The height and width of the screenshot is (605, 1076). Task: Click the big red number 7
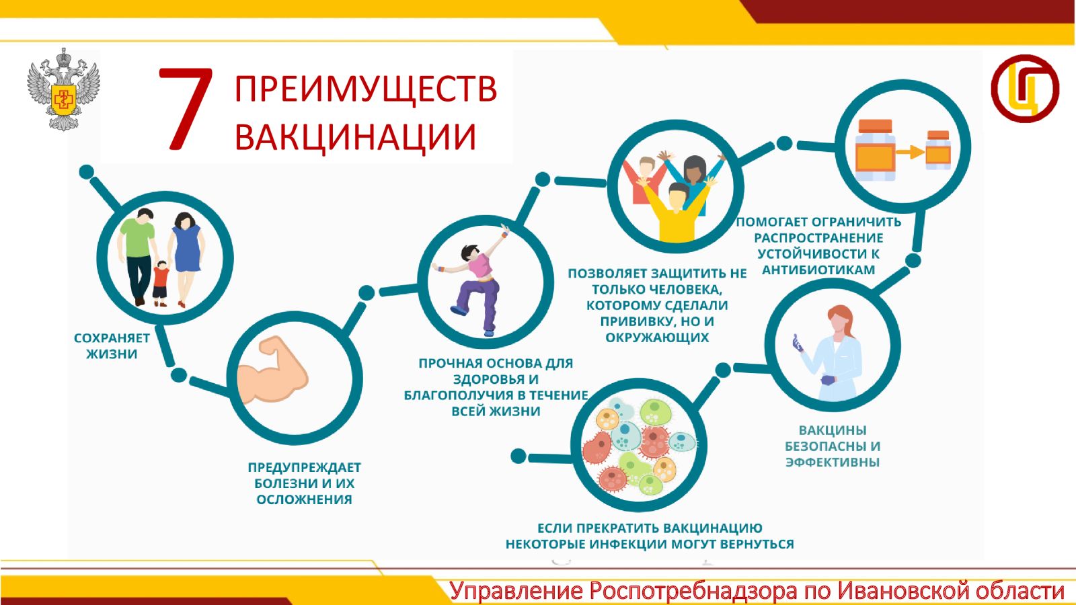click(185, 108)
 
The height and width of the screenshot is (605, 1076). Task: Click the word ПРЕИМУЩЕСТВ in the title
click(366, 89)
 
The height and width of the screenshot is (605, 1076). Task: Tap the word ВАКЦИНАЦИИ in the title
click(355, 137)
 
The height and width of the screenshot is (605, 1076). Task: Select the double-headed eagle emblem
click(63, 89)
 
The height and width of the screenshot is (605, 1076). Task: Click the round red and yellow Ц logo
click(1025, 88)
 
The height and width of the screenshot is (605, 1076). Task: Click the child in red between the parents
click(161, 283)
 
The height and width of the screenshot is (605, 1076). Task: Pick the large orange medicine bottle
click(875, 150)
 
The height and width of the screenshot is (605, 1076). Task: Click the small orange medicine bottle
click(938, 150)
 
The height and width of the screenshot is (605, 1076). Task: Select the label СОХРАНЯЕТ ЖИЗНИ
click(112, 346)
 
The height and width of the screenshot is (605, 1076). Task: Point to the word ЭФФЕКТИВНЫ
click(833, 462)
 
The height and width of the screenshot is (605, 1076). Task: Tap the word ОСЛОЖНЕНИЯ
click(304, 499)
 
